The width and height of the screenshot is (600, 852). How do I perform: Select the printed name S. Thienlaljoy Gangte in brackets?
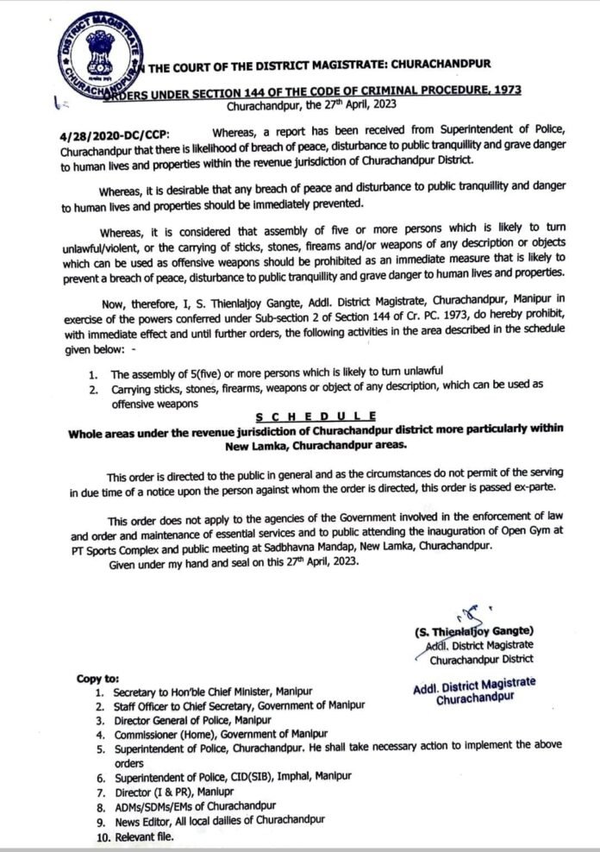tap(473, 630)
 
